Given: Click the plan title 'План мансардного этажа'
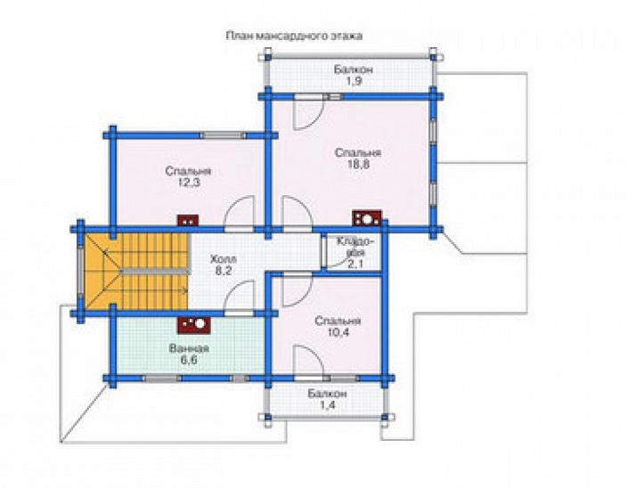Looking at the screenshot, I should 294,37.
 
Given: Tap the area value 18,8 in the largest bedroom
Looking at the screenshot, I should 351,166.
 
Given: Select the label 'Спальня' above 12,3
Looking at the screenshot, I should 187,169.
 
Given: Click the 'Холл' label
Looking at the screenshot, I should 224,257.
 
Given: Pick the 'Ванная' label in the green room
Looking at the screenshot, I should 188,348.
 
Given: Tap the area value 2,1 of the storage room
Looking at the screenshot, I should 355,264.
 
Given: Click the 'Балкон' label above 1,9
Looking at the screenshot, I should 353,69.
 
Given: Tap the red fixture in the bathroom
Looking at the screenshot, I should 193,325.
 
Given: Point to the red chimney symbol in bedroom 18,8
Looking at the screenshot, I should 366,218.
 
